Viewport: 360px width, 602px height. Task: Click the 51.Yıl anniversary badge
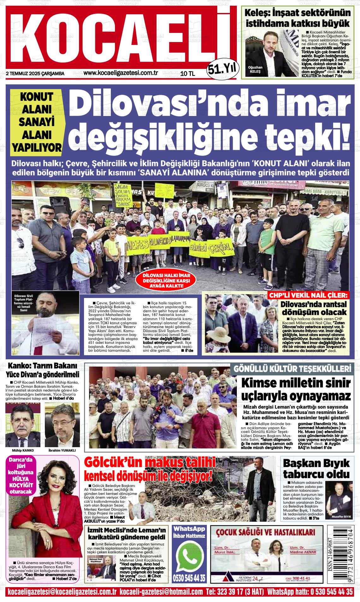(x=221, y=68)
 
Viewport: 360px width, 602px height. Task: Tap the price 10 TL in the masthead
(x=188, y=74)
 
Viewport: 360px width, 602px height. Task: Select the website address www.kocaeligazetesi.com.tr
(x=121, y=73)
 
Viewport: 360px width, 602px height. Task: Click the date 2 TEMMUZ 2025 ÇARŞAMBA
(x=35, y=74)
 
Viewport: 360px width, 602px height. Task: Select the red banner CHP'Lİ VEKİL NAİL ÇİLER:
(x=308, y=296)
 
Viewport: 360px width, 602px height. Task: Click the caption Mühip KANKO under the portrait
(x=23, y=450)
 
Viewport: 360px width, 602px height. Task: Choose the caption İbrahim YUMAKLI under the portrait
(x=62, y=450)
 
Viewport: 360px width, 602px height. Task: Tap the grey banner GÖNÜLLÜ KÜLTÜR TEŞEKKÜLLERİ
(x=292, y=369)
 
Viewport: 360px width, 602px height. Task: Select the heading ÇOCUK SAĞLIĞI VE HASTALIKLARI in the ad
(x=266, y=532)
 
